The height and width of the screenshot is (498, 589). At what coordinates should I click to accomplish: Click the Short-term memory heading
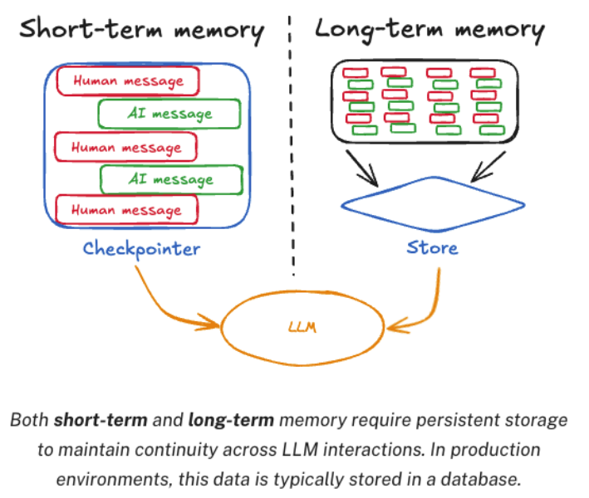141,31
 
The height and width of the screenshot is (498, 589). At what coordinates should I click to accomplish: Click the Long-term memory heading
429,31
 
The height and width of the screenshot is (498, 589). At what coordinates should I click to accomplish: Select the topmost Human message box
128,81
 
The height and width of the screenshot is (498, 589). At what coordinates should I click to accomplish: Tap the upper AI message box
170,114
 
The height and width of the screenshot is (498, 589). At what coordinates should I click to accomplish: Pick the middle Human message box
125,147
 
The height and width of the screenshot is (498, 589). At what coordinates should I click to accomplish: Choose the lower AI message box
171,178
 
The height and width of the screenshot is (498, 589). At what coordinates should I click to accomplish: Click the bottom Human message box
126,210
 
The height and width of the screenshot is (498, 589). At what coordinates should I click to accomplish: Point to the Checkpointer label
141,247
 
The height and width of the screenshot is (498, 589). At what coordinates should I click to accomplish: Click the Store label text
432,247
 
